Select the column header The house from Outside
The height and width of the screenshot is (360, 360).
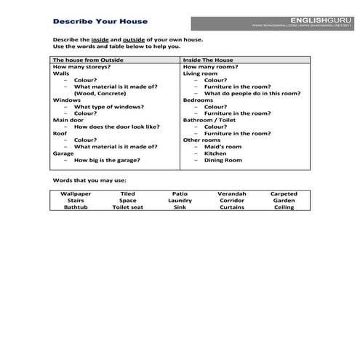[x=88, y=60]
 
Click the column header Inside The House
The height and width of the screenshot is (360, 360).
[x=209, y=60]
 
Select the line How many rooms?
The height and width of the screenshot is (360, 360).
[x=208, y=67]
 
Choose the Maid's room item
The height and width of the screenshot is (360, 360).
[x=223, y=147]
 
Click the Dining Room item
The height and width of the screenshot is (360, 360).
[x=223, y=160]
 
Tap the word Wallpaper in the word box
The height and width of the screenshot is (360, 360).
[x=76, y=194]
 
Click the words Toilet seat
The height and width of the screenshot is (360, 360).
[x=127, y=207]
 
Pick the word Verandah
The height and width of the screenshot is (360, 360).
[x=232, y=194]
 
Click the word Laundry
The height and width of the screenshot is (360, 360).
[x=180, y=201]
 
